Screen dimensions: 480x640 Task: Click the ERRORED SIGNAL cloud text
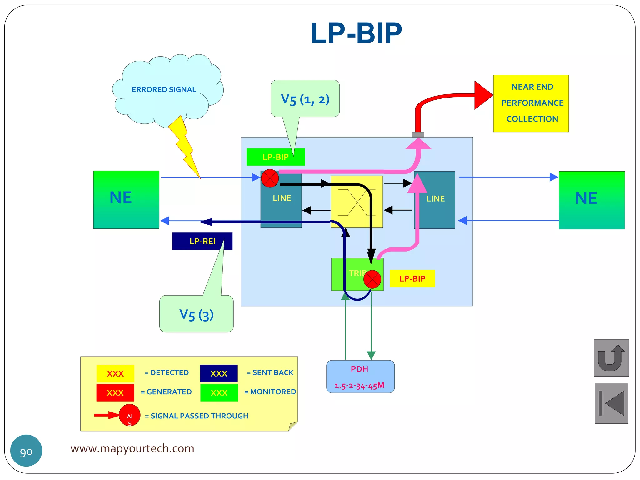point(164,90)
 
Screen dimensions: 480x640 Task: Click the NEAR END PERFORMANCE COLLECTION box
point(531,103)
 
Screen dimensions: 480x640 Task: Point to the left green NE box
point(126,199)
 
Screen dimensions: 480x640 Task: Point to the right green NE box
point(591,200)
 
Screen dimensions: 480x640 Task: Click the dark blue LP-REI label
point(202,241)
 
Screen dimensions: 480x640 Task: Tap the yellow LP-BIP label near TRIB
point(412,278)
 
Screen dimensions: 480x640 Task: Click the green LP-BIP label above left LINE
point(275,157)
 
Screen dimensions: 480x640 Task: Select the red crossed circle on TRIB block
point(372,279)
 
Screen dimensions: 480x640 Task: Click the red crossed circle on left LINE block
point(270,178)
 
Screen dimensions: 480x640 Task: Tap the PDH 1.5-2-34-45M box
point(360,377)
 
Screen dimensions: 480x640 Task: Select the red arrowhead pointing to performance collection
point(482,95)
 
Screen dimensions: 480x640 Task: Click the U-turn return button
point(611,358)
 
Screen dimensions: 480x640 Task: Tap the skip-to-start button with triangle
point(611,403)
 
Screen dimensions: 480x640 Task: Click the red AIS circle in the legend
point(129,415)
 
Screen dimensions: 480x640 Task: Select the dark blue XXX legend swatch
point(219,373)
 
